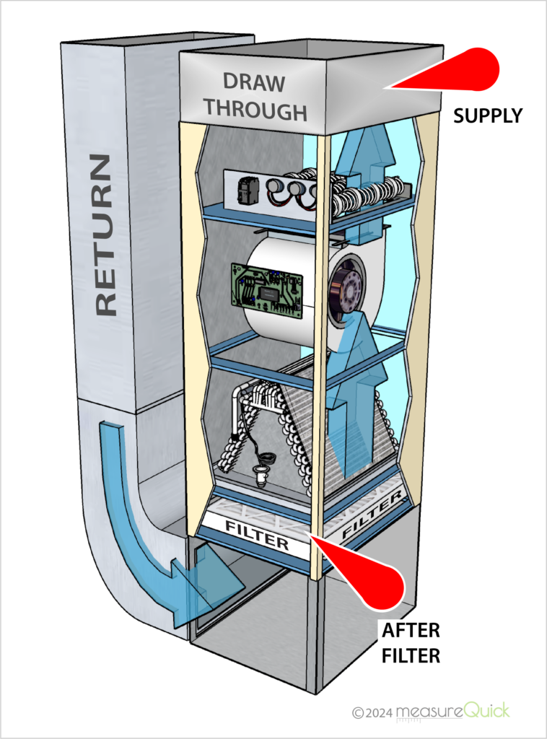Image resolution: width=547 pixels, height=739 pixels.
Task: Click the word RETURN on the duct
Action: (x=105, y=234)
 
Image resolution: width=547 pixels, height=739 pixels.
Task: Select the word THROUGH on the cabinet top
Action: (x=254, y=110)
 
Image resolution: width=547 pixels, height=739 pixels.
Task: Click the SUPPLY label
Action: (x=487, y=115)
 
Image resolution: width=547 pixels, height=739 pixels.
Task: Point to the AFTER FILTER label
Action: (x=411, y=642)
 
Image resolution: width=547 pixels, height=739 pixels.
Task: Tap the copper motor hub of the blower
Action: (x=346, y=289)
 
